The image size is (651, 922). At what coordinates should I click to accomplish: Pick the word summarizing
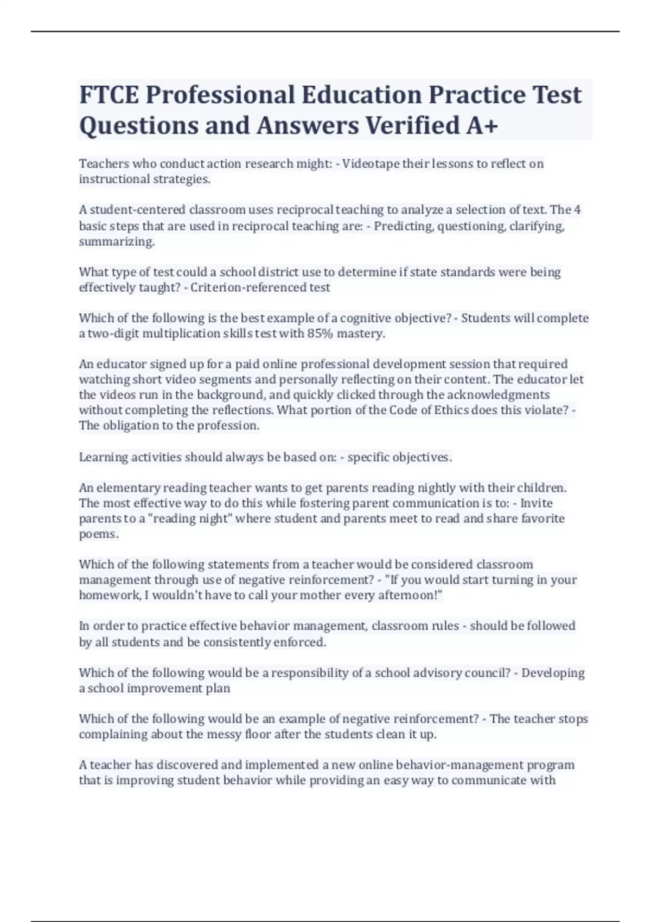tap(117, 242)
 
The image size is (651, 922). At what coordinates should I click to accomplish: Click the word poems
tap(98, 534)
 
